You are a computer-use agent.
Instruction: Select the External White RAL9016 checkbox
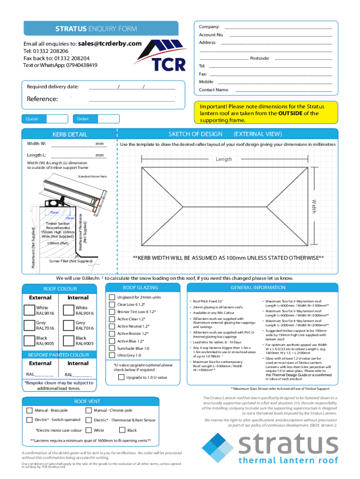tap(31, 310)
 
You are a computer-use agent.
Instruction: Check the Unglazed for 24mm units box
tap(112, 297)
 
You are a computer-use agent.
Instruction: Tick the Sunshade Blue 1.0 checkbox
tap(112, 348)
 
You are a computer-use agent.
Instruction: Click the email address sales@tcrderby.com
tap(110, 44)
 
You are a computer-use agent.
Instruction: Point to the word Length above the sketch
tap(223, 160)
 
